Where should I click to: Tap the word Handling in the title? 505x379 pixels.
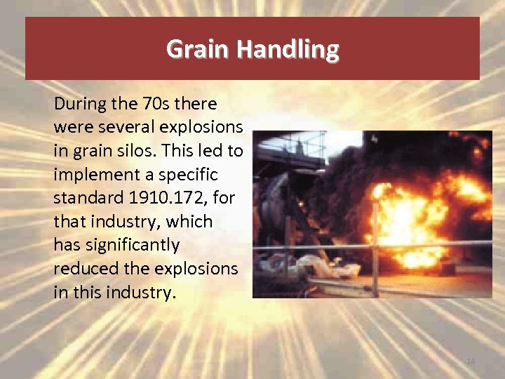tap(288, 49)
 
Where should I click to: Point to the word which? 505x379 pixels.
tap(189, 222)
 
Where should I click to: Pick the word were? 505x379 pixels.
tap(69, 128)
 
